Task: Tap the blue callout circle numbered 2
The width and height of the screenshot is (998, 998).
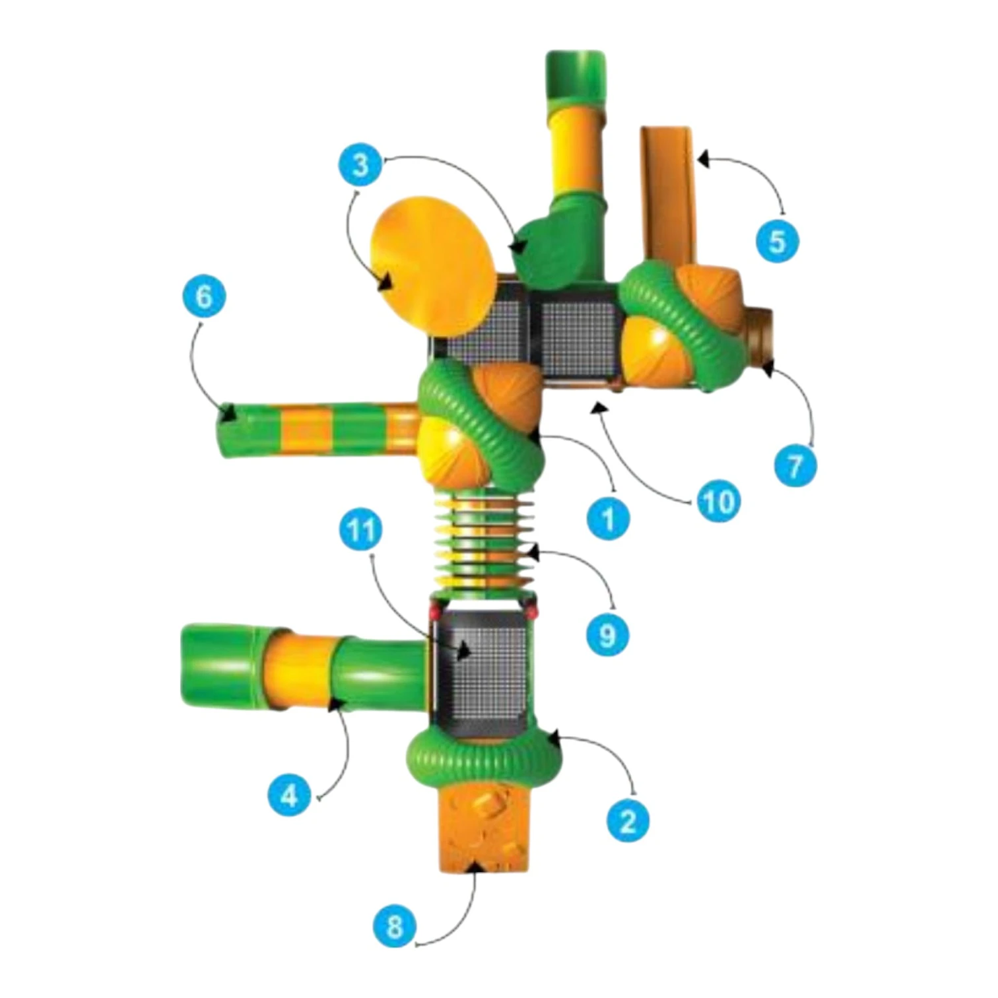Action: [x=628, y=820]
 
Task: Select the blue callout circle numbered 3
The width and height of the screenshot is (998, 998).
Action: [x=360, y=164]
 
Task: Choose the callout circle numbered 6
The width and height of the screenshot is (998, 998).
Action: [x=204, y=296]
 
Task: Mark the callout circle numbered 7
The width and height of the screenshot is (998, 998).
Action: [x=795, y=467]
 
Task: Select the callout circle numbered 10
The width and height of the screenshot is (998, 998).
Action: [x=717, y=502]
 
